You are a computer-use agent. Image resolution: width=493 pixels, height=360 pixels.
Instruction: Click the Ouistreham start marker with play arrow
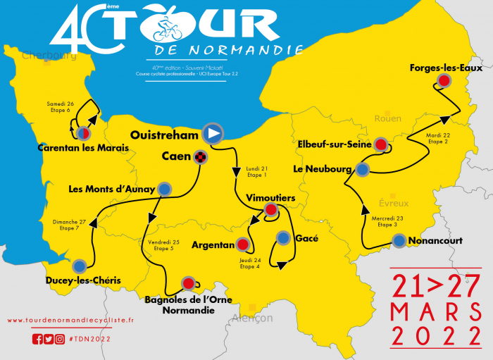point(213,133)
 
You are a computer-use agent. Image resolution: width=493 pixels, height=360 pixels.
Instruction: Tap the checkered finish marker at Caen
point(201,158)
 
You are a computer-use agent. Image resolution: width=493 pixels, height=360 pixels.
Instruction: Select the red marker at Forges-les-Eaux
point(444,82)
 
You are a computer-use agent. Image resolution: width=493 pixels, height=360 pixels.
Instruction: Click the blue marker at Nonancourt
point(399,240)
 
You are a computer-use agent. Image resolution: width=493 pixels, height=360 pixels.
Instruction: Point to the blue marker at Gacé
point(283,238)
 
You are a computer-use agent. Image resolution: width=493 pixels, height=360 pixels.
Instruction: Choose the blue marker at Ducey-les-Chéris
point(80,266)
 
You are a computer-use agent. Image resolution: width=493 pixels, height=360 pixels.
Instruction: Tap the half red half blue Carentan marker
point(82,132)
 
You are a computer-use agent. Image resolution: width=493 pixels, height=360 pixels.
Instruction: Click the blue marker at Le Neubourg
point(362,169)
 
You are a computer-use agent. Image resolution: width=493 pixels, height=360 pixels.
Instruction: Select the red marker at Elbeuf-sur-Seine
point(381,145)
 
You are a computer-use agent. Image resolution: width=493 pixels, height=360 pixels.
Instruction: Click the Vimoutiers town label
point(270,198)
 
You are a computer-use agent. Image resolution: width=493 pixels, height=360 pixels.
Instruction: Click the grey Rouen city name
point(387,118)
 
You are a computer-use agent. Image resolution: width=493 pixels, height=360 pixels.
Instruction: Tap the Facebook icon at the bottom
point(37,339)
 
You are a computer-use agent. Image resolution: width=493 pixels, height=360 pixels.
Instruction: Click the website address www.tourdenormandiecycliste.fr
point(70,321)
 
